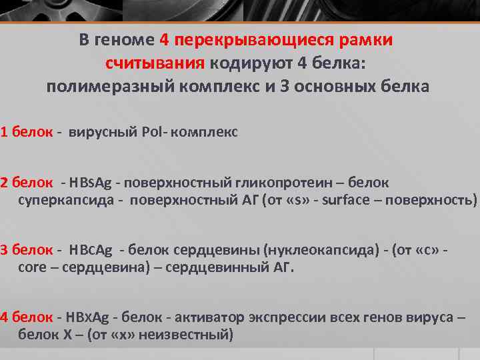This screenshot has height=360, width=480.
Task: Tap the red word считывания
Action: (154, 64)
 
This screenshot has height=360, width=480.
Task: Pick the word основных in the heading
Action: (339, 87)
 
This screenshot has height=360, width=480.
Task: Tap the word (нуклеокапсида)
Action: (319, 250)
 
